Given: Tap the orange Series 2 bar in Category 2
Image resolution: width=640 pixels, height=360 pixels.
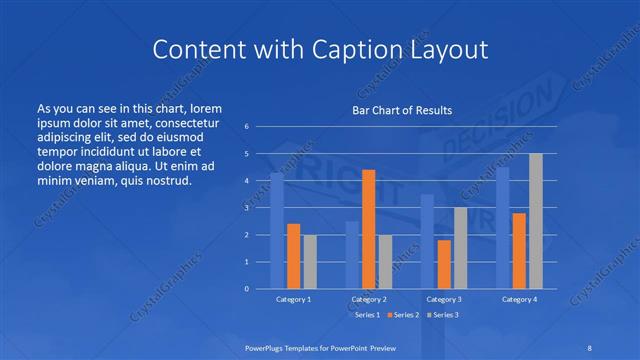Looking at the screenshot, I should [368, 229].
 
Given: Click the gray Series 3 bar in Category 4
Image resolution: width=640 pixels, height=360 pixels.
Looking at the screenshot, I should [535, 221].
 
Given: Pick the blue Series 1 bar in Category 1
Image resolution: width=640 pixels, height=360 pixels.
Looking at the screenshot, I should [277, 231].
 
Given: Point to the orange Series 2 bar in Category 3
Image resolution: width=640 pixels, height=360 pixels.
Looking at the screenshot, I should [443, 264].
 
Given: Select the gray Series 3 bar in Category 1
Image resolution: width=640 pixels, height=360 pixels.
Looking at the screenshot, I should [310, 261].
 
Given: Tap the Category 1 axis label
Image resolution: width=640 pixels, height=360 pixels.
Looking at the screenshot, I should [294, 299].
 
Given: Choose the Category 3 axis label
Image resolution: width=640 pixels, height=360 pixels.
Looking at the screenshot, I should [443, 299].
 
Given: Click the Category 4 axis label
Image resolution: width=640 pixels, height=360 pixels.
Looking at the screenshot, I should [519, 299].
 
